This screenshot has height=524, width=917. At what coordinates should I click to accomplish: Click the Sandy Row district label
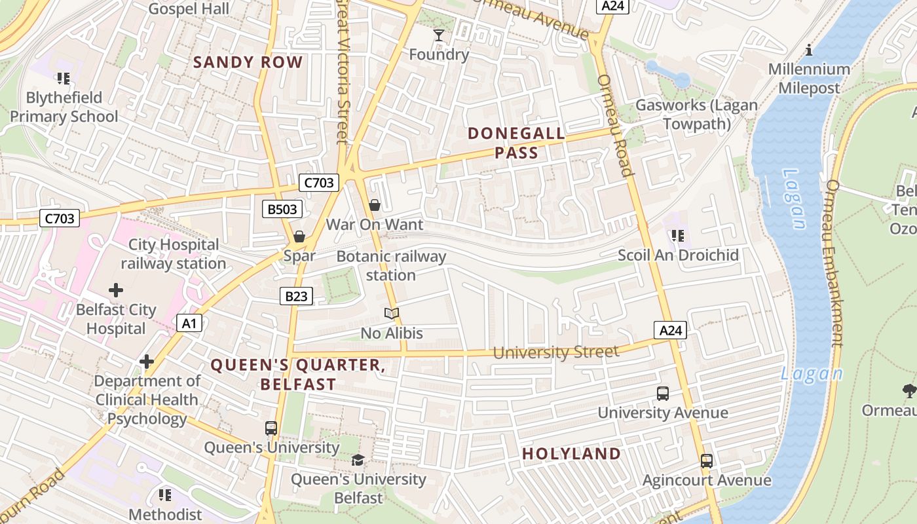click(248, 63)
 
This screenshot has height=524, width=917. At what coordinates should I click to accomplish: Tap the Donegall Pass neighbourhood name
click(516, 143)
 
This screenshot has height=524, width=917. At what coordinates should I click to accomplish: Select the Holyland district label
click(571, 454)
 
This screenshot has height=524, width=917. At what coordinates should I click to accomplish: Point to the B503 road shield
click(282, 210)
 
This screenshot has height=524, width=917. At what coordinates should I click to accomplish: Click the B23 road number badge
click(296, 296)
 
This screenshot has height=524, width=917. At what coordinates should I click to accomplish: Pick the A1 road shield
click(189, 323)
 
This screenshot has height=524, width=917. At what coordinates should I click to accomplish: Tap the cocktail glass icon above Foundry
click(438, 35)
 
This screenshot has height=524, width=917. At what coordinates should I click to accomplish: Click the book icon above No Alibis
click(392, 314)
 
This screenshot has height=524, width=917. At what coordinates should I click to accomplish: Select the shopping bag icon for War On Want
click(375, 206)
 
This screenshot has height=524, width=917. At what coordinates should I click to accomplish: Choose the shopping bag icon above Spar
click(299, 236)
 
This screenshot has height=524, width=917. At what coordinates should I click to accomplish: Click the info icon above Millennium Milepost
click(809, 50)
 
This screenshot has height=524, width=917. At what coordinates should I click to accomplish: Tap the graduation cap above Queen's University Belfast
click(358, 460)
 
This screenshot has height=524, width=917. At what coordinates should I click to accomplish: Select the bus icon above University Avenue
click(663, 394)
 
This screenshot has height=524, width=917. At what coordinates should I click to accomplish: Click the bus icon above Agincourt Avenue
click(707, 461)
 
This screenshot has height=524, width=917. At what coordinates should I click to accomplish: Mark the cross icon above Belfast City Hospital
click(116, 290)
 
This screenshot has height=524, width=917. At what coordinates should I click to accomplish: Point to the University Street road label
click(555, 352)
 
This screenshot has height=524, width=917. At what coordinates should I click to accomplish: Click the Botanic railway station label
click(391, 265)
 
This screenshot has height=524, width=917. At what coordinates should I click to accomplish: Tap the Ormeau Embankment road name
click(834, 262)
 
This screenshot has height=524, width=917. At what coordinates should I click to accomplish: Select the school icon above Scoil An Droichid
click(678, 235)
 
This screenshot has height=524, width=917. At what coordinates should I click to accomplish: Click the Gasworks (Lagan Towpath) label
click(696, 115)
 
